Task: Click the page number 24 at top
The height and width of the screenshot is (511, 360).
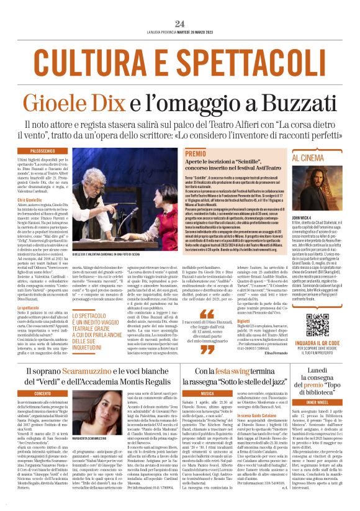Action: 180,24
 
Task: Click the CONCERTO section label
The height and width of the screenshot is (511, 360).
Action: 43,393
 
